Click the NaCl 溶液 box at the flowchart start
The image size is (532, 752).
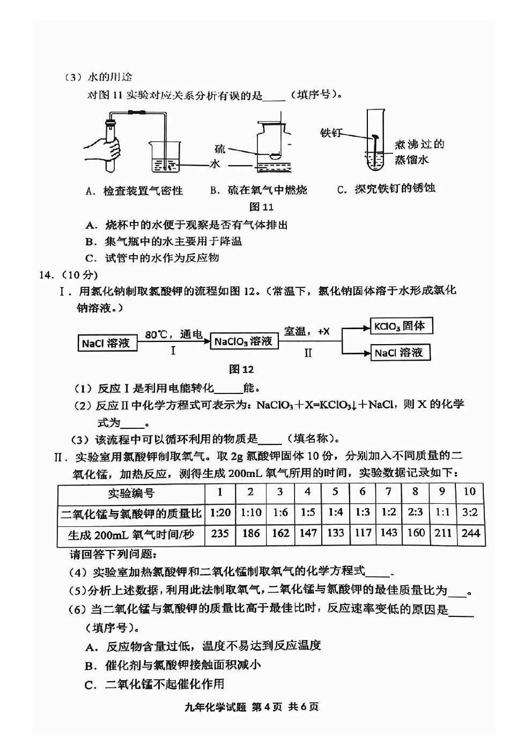(x=107, y=343)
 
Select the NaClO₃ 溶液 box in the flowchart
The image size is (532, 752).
(x=243, y=341)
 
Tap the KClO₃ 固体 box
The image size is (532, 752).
(x=401, y=326)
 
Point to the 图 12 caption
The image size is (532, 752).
(x=241, y=369)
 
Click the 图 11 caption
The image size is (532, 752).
(x=261, y=207)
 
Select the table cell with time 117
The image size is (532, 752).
(x=363, y=533)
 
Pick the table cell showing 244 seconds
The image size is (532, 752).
(x=470, y=533)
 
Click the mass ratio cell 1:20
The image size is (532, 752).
(x=220, y=513)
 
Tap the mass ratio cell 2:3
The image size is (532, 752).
(x=416, y=512)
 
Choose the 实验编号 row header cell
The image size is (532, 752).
(x=131, y=493)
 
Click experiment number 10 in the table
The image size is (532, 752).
(x=470, y=492)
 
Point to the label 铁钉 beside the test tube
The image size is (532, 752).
(x=331, y=132)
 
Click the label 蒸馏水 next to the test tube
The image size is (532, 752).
(x=412, y=160)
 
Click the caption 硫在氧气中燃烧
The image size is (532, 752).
(x=258, y=190)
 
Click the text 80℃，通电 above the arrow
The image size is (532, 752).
(x=173, y=334)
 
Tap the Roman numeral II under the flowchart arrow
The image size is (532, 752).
(x=308, y=353)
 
